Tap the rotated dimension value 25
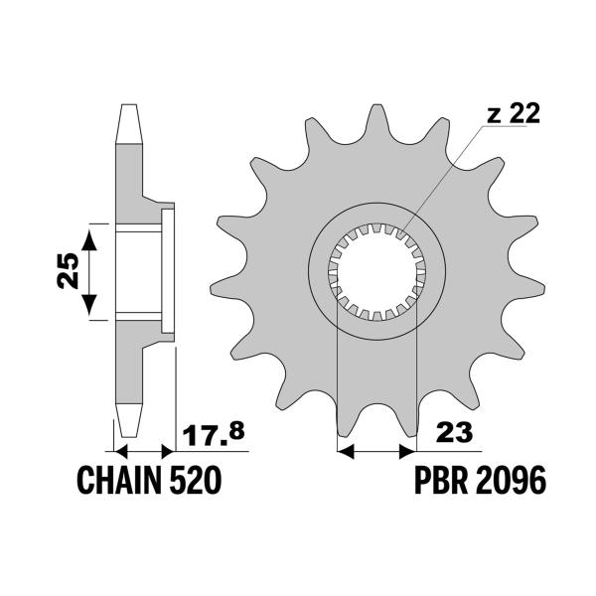coord(67,270)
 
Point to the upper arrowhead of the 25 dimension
coord(90,234)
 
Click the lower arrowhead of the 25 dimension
coord(90,308)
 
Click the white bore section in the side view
coord(139,271)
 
